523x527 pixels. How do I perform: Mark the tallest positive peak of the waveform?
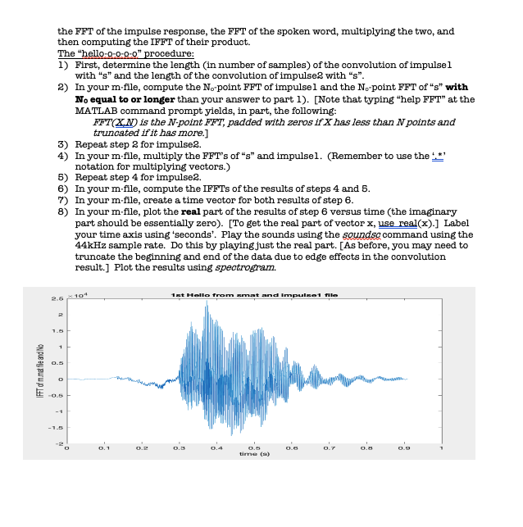[x=208, y=303]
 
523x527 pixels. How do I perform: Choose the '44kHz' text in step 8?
[x=90, y=244]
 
